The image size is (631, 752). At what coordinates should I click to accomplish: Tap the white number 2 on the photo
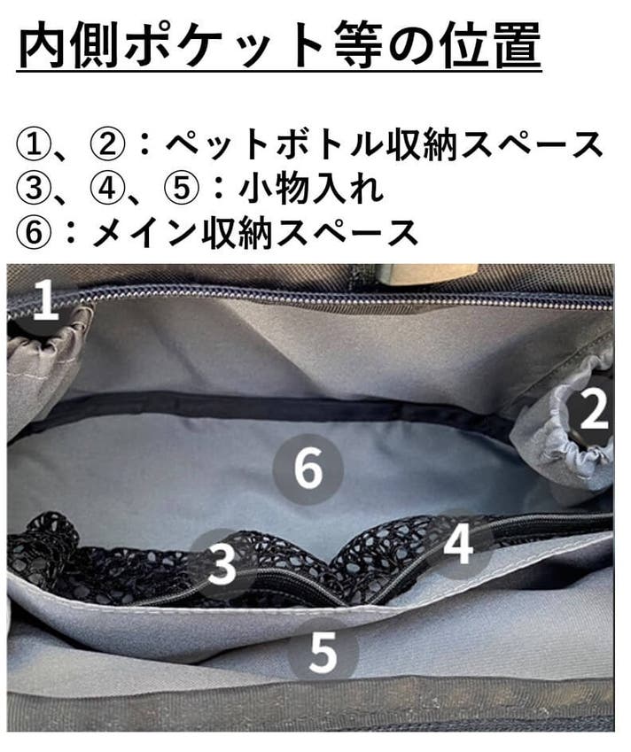click(594, 408)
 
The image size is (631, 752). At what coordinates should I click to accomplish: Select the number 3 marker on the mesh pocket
click(222, 564)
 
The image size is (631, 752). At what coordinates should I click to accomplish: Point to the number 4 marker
click(458, 544)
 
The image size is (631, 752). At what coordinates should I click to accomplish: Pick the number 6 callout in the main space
click(308, 469)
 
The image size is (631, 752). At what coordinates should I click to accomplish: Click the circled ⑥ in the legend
click(33, 233)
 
